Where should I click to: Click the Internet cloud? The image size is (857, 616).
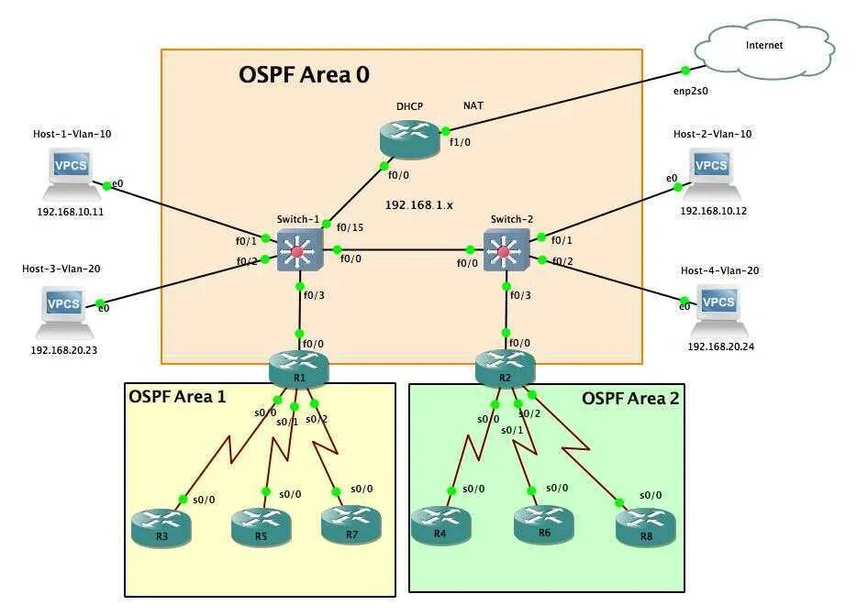click(763, 49)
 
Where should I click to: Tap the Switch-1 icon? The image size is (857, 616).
click(297, 249)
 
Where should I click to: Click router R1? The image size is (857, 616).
click(298, 368)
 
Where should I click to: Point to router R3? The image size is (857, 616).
click(161, 525)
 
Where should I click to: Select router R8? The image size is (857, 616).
click(645, 525)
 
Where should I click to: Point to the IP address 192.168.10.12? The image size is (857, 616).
click(713, 211)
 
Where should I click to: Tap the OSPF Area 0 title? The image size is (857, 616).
click(304, 75)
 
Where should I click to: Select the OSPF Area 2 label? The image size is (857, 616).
click(630, 398)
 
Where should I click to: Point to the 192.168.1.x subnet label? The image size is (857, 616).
click(418, 205)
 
